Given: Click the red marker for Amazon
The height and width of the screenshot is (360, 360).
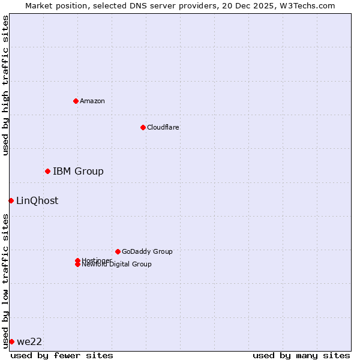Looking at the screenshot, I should tap(76, 101).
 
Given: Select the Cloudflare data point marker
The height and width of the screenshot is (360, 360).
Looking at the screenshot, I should tap(143, 127).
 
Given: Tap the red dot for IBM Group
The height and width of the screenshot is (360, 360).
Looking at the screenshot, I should tap(47, 172).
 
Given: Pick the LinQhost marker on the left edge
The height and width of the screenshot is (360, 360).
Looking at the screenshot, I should tap(11, 200).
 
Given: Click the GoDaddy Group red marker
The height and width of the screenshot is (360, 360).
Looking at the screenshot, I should tap(118, 251).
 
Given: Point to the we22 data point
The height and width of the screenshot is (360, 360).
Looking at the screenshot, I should tap(11, 341).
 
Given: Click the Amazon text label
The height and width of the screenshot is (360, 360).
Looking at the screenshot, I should tap(92, 101).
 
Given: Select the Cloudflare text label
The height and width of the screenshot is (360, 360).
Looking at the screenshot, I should tap(163, 127).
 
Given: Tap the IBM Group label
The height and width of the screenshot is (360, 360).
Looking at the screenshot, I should tap(78, 172).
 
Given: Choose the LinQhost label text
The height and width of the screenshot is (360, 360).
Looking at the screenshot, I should tap(37, 201).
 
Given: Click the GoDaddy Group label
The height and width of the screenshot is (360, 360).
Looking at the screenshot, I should tap(147, 251).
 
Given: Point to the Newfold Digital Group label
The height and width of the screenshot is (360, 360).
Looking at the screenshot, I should tap(116, 265).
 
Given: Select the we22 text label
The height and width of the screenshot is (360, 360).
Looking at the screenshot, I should tap(29, 342).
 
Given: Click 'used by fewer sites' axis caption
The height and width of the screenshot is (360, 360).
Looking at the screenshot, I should tap(62, 355).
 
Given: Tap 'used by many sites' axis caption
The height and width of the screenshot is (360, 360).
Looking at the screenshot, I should tap(301, 355).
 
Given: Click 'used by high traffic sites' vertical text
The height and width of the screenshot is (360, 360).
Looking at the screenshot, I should tap(5, 85).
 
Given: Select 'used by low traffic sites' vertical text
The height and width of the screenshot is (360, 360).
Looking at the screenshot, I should tap(5, 281).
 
